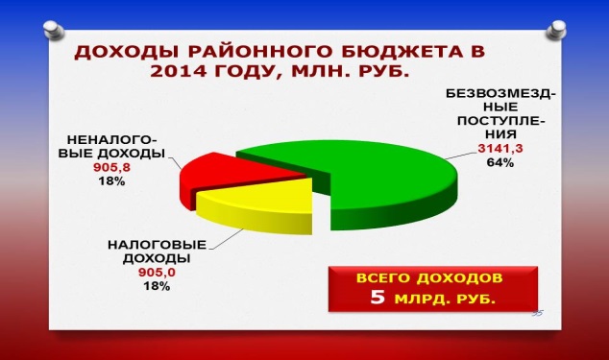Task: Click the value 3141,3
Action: [x=500, y=149]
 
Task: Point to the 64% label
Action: [x=500, y=162]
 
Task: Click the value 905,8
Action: [x=111, y=167]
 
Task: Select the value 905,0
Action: [x=157, y=273]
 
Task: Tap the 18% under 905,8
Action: [x=111, y=181]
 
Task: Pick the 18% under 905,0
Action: [x=157, y=286]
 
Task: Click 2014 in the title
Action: [x=179, y=71]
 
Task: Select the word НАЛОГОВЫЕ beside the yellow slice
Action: [x=157, y=245]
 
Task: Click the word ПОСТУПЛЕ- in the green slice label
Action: [x=501, y=121]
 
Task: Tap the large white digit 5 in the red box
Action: [x=378, y=297]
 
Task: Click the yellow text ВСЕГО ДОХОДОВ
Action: [x=429, y=278]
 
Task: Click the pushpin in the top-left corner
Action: [x=54, y=31]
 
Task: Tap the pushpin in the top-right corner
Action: [x=556, y=30]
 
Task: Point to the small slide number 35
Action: [x=538, y=313]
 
